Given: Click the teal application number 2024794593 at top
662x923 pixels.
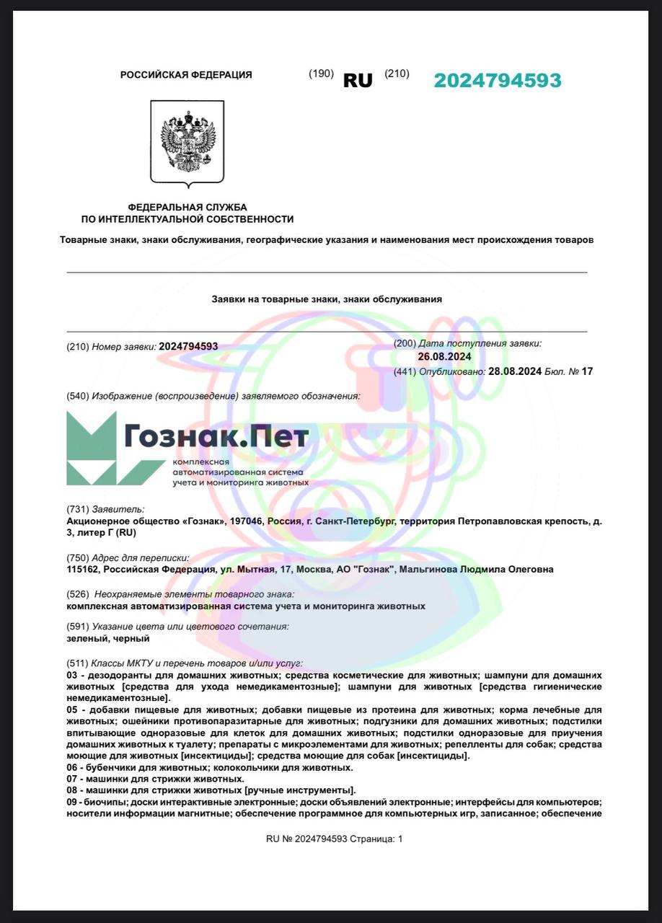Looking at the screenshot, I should pyautogui.click(x=497, y=81).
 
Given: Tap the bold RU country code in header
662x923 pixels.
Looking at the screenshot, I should pyautogui.click(x=358, y=81).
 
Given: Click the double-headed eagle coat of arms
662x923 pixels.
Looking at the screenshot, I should pyautogui.click(x=187, y=141).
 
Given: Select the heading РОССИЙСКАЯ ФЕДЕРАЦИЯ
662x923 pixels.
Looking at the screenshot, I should pyautogui.click(x=186, y=75).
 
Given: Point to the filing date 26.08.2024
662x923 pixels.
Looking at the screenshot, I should pyautogui.click(x=444, y=357).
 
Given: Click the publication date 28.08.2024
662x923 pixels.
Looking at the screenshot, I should pyautogui.click(x=515, y=371).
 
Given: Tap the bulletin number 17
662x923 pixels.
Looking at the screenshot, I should pyautogui.click(x=586, y=371).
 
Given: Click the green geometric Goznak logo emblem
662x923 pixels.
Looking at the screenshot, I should pyautogui.click(x=92, y=448).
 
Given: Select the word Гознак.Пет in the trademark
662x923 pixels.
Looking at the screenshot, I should pyautogui.click(x=216, y=436).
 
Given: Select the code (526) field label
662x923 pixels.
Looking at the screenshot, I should pyautogui.click(x=78, y=594).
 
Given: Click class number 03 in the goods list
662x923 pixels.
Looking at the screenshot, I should pyautogui.click(x=71, y=676).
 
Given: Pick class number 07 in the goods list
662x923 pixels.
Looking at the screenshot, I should pyautogui.click(x=71, y=780).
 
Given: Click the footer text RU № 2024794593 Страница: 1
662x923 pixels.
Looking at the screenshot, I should pyautogui.click(x=335, y=839).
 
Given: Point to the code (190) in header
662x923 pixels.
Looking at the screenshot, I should pyautogui.click(x=321, y=74).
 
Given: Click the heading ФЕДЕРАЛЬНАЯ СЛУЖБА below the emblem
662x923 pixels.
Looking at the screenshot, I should pyautogui.click(x=187, y=208).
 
